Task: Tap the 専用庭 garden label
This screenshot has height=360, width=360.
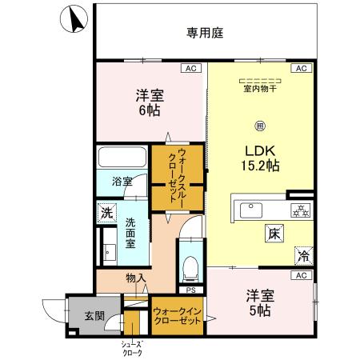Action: tap(204, 33)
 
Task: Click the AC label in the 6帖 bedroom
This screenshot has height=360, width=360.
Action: tap(190, 70)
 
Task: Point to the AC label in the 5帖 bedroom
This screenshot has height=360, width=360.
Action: tap(301, 275)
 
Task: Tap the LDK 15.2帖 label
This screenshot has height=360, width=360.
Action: tap(261, 157)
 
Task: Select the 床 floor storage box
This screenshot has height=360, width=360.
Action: tap(274, 234)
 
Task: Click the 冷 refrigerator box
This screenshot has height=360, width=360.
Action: tap(302, 256)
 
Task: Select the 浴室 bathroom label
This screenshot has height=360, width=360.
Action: tap(122, 182)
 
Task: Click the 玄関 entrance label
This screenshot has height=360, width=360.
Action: tap(94, 315)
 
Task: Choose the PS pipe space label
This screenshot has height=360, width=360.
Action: tap(190, 290)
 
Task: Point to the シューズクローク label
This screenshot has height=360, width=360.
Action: tap(132, 348)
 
